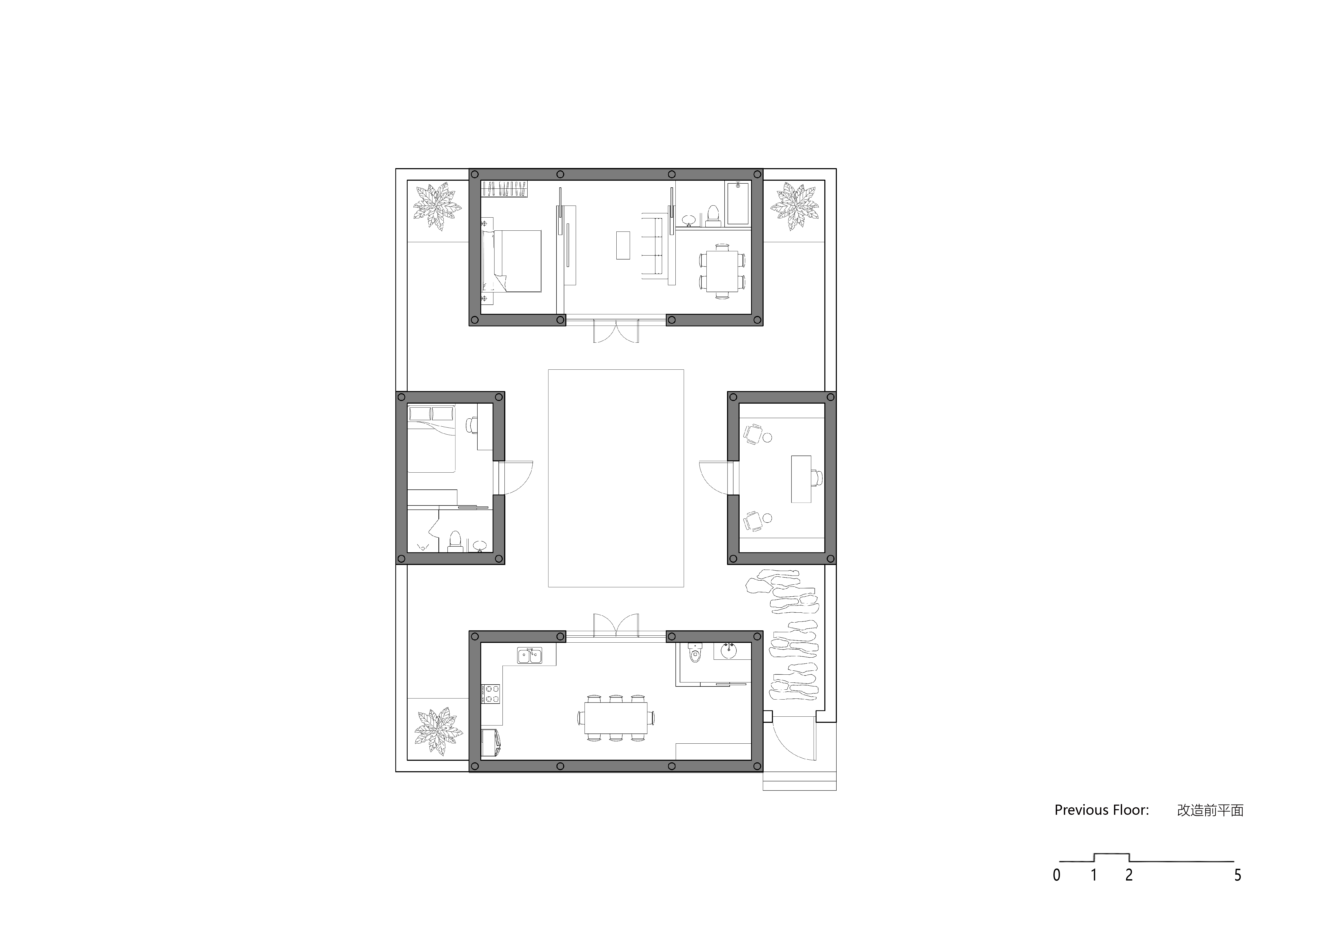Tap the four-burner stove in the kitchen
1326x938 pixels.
[491, 694]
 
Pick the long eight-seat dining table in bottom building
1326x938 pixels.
[616, 717]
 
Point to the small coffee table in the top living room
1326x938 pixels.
[623, 245]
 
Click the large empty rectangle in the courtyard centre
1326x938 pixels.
[616, 478]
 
